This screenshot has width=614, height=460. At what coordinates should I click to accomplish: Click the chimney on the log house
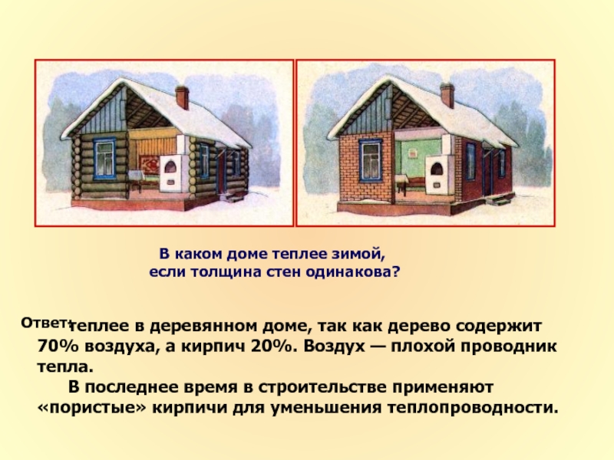tap(182, 97)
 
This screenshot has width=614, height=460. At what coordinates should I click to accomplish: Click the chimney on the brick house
tap(447, 96)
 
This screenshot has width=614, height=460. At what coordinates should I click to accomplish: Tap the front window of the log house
tap(104, 159)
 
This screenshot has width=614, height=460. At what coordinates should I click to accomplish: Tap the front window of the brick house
tap(371, 160)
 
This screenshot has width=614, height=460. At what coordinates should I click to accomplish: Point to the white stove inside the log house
tap(172, 163)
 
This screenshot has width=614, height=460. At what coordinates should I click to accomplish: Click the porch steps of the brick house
tap(503, 200)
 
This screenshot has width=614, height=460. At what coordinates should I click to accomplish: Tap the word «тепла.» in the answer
tap(65, 367)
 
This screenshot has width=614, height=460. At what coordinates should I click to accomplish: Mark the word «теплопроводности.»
tap(472, 408)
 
